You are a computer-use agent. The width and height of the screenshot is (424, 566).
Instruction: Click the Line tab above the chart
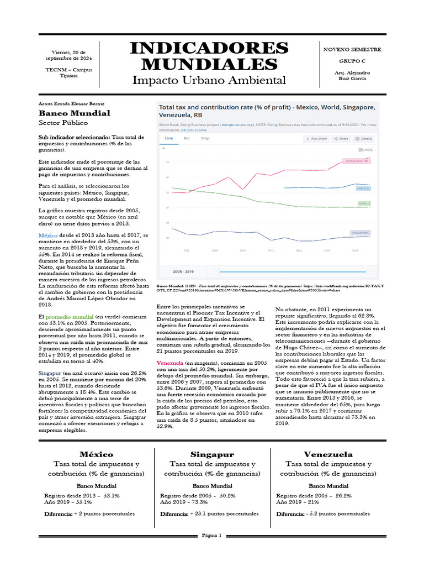pos(169,138)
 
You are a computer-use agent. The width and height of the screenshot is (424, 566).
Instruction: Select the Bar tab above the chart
pos(187,138)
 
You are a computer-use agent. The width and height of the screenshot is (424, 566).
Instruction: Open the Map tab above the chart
pos(205,138)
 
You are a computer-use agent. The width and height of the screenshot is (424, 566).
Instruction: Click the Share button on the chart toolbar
pos(341,139)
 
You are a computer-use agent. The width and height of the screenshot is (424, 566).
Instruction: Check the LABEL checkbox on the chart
pos(361,150)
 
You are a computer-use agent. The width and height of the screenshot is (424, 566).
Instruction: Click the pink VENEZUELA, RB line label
pos(356,161)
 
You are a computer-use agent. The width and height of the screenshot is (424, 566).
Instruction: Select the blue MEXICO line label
pos(363,188)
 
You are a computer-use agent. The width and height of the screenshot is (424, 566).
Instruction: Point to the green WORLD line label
pos(364,203)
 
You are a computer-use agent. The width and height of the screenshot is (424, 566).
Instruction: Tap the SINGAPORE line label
pos(359,233)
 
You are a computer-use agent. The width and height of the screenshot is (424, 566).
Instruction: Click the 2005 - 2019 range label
pos(184,271)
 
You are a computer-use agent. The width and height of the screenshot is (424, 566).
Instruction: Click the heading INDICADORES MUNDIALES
pos(209,56)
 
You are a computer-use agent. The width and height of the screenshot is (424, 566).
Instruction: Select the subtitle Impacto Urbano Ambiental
pos(209,81)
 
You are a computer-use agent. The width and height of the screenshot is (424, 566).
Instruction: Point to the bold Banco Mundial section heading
pos(74,113)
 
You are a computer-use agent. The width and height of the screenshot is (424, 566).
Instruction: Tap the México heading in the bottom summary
pos(96,454)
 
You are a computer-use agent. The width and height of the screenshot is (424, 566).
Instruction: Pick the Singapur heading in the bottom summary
pos(212,454)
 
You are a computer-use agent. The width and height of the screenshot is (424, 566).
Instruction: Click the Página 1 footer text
pos(212,535)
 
